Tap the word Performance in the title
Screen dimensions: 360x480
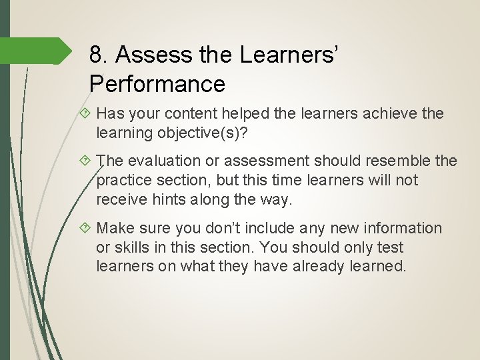coord(157,85)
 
